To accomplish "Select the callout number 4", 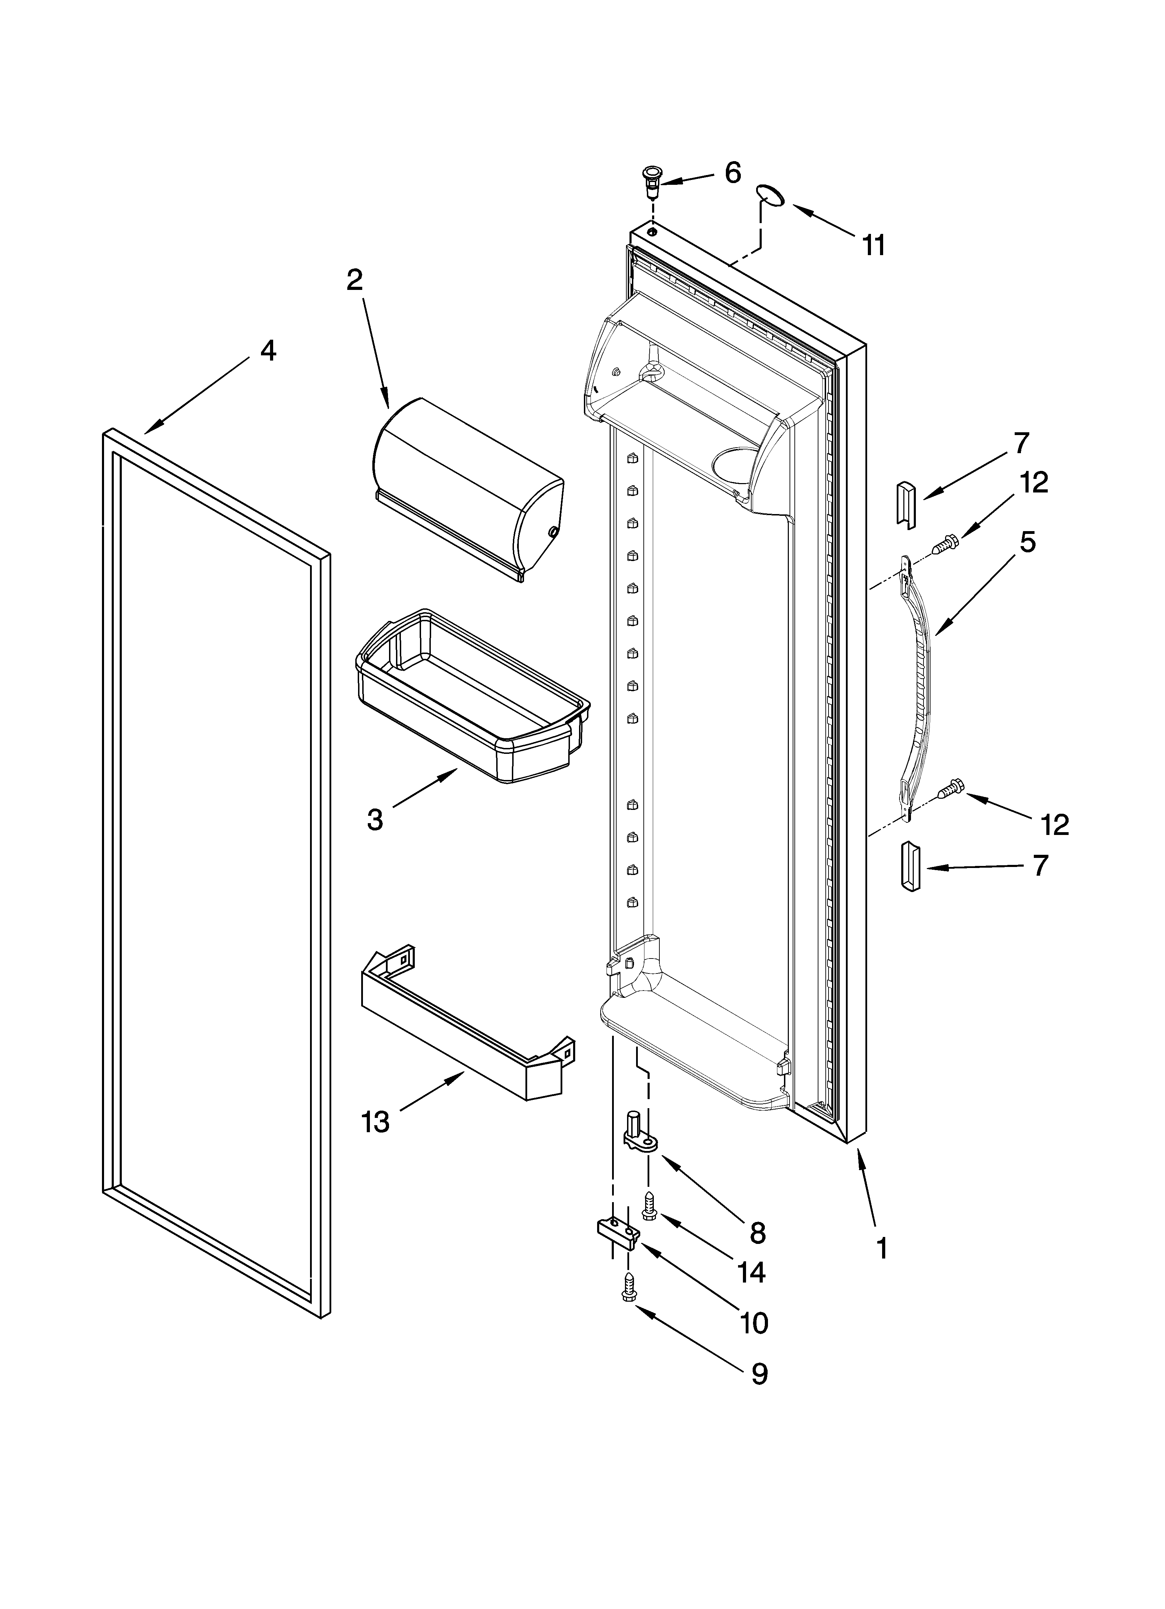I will (268, 350).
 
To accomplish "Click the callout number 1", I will (882, 1247).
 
